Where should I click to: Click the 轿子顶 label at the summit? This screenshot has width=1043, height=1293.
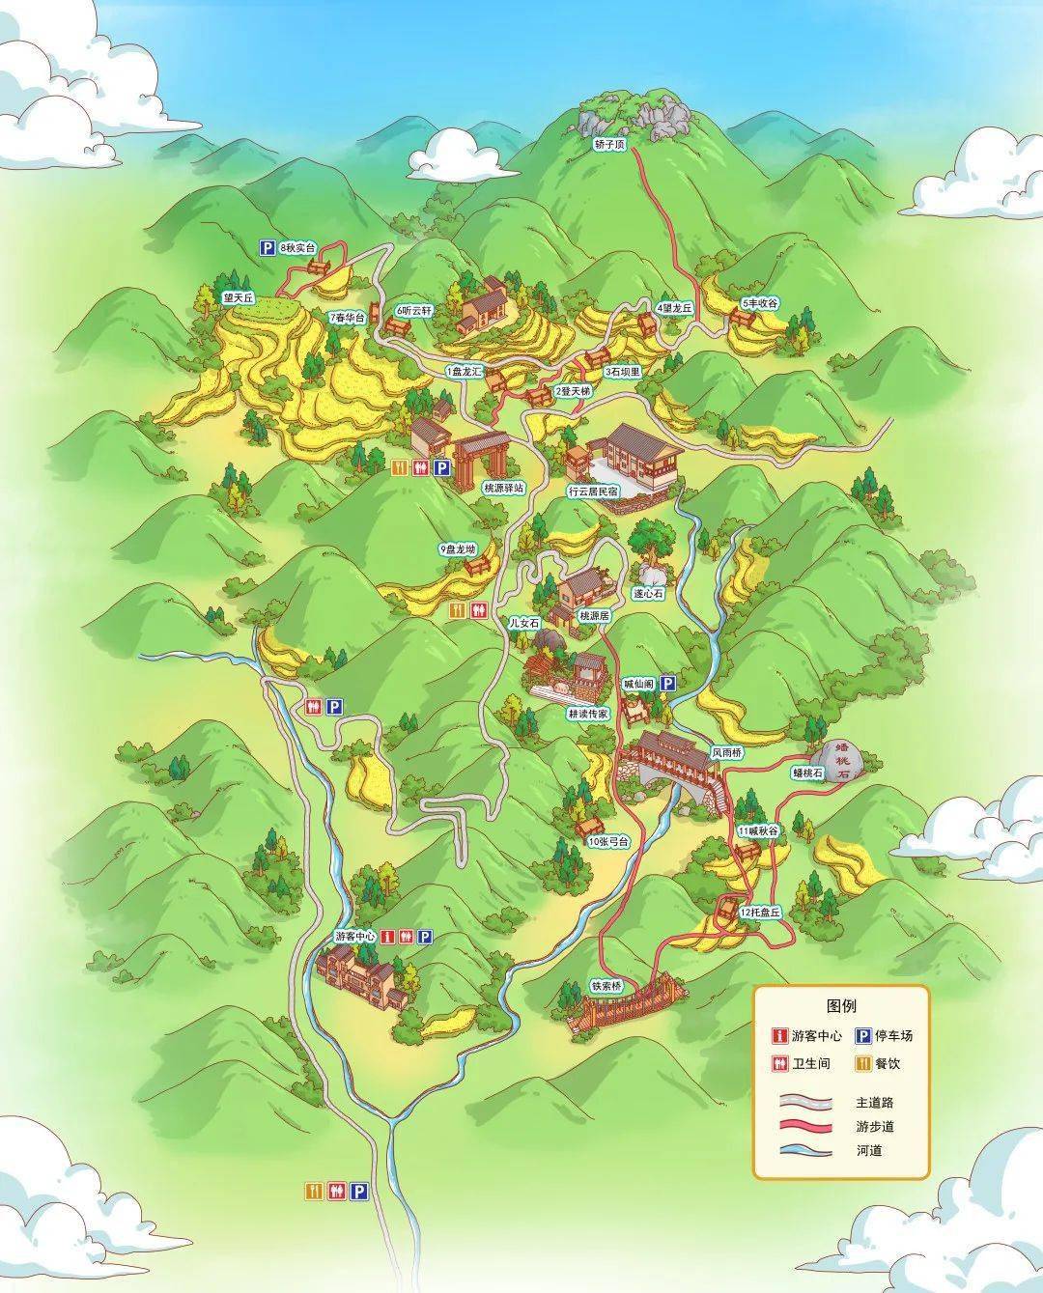click(x=609, y=144)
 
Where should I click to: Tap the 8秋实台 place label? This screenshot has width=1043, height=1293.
click(x=298, y=248)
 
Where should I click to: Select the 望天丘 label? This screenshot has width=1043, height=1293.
click(x=237, y=298)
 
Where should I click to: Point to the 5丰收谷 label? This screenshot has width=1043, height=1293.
click(x=759, y=303)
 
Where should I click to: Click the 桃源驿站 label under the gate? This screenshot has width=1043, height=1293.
click(x=503, y=489)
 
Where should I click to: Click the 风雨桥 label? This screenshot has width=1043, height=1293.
click(x=726, y=751)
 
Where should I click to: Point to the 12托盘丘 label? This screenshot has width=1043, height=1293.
click(x=759, y=912)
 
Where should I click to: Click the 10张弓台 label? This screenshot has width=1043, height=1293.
click(x=608, y=841)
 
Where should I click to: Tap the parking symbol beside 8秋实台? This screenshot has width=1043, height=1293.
click(x=266, y=248)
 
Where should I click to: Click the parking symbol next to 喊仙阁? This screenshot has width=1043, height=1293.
click(x=666, y=684)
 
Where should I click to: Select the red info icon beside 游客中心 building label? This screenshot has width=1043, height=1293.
click(x=387, y=936)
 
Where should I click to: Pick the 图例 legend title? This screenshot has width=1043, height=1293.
click(x=841, y=1006)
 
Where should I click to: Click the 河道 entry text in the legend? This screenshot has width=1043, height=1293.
click(x=868, y=1150)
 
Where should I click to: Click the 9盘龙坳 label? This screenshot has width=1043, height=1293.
click(x=459, y=549)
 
